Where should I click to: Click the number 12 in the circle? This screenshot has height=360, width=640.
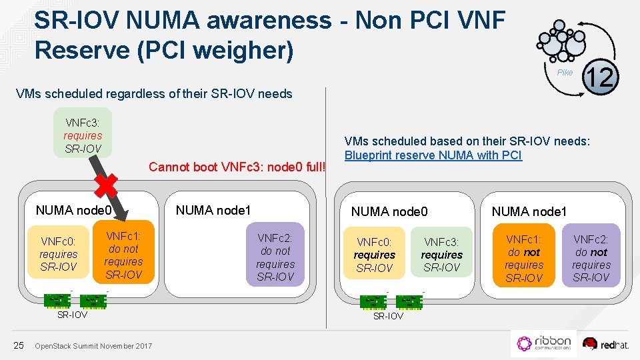tap(601, 77)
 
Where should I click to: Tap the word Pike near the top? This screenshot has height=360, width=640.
tap(565, 73)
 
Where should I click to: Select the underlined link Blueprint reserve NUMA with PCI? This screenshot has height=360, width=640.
tap(433, 155)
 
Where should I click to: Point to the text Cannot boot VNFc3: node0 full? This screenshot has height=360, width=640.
tap(238, 167)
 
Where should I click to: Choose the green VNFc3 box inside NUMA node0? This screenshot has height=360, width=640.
tap(441, 255)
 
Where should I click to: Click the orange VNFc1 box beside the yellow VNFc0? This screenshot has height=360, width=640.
tap(123, 255)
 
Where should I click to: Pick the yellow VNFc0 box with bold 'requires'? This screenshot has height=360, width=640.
tap(374, 255)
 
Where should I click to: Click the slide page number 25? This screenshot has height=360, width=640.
tap(19, 345)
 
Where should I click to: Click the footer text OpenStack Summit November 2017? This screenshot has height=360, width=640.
tap(93, 345)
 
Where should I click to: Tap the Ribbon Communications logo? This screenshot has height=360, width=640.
tap(544, 343)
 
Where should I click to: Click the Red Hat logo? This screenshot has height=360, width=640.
tap(605, 343)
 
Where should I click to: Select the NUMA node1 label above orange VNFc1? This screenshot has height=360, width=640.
tap(529, 212)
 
